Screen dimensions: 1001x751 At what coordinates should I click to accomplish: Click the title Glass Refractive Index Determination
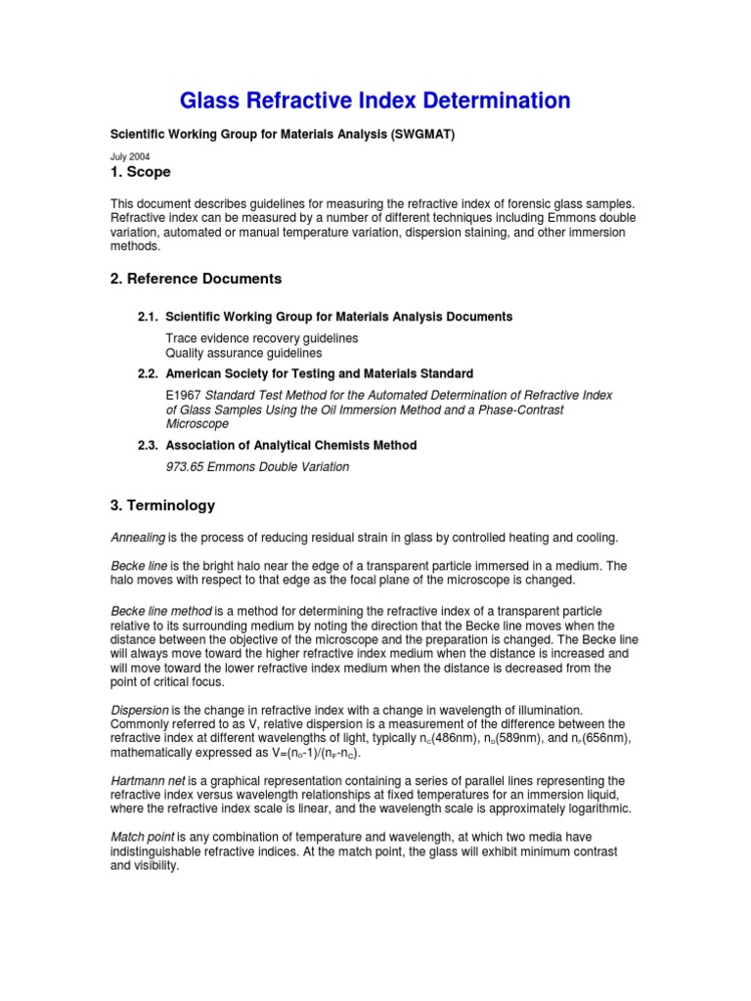pyautogui.click(x=375, y=101)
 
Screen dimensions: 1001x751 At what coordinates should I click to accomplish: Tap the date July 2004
pyautogui.click(x=129, y=156)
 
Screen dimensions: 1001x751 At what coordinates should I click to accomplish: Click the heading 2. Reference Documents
pyautogui.click(x=196, y=279)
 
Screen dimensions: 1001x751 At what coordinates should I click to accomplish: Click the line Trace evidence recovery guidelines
pyautogui.click(x=261, y=338)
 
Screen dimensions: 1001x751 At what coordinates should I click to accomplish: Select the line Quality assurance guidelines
pyautogui.click(x=243, y=353)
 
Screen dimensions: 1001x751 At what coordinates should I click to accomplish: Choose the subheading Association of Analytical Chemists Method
pyautogui.click(x=291, y=445)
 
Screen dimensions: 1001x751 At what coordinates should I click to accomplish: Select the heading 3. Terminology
pyautogui.click(x=162, y=506)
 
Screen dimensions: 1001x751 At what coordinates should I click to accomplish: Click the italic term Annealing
pyautogui.click(x=138, y=538)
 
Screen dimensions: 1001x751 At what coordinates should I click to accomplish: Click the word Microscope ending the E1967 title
pyautogui.click(x=198, y=424)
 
